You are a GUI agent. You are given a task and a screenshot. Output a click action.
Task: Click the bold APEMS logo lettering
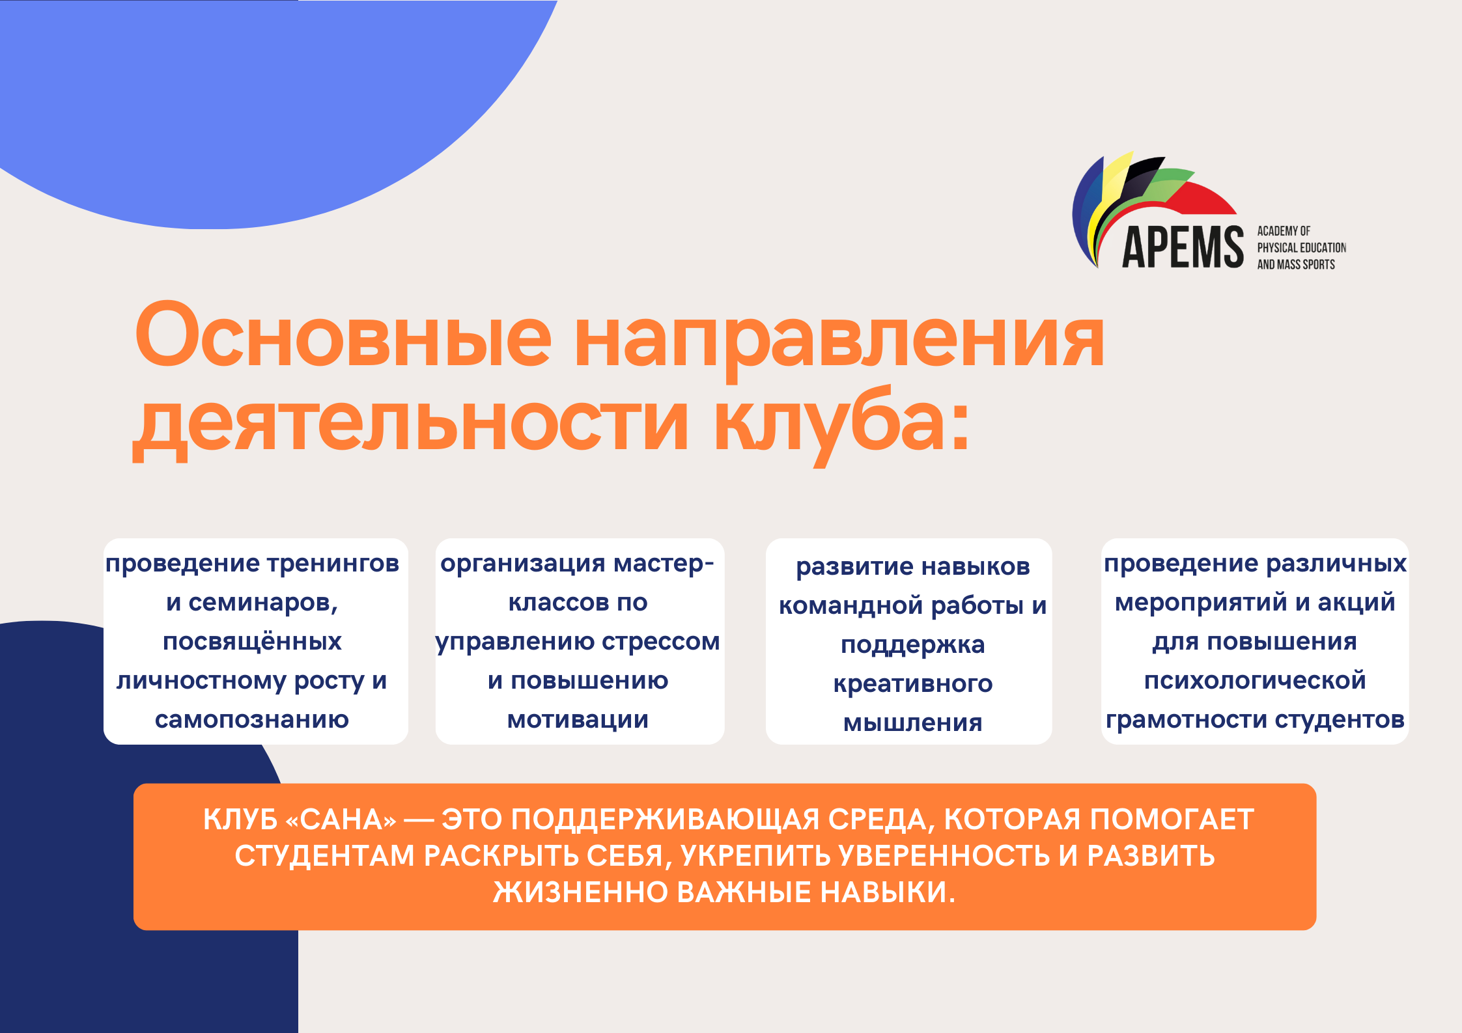[x=1183, y=247]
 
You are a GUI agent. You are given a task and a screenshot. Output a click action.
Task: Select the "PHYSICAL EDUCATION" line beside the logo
[x=1301, y=248]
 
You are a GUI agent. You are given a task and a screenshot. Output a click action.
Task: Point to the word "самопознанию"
[x=252, y=720]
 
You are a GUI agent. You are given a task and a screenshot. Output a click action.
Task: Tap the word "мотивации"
[x=578, y=720]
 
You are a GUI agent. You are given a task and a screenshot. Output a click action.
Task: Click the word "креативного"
[x=913, y=684]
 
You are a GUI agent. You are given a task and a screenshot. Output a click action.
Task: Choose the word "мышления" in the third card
[x=913, y=723]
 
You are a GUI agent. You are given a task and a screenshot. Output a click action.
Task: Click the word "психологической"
[x=1255, y=681]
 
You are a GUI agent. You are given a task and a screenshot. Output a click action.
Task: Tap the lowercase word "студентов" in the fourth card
[x=1340, y=720]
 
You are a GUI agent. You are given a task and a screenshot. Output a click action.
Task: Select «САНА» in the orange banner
[x=341, y=820]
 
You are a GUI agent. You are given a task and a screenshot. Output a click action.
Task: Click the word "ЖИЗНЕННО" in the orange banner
[x=580, y=892]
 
